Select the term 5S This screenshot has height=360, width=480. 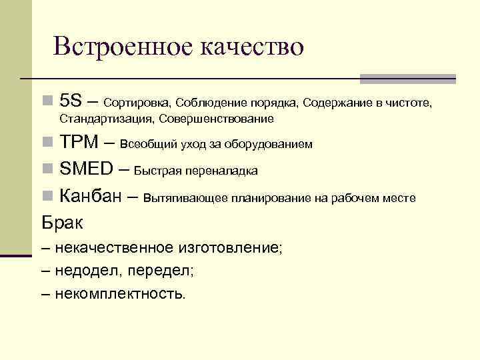(70, 102)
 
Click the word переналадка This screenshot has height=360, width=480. (225, 171)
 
